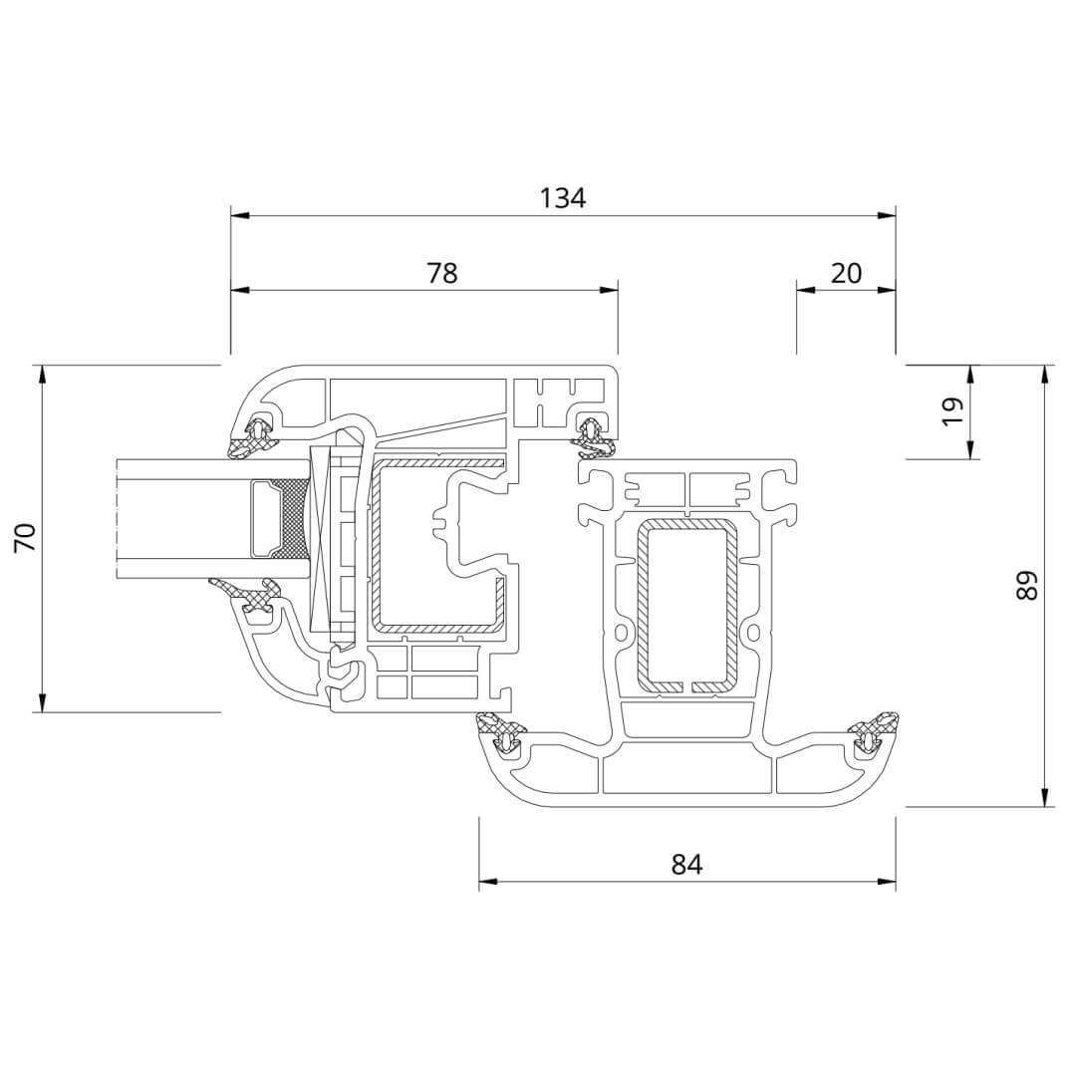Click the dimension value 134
(x=563, y=198)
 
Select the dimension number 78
(x=442, y=273)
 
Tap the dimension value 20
(x=846, y=273)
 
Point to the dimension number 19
(x=952, y=411)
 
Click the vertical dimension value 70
(x=25, y=537)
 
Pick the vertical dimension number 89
(x=1027, y=586)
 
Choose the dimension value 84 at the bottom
(x=686, y=864)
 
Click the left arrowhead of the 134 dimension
(x=239, y=216)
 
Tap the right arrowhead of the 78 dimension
(x=609, y=290)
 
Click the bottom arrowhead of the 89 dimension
(x=1045, y=797)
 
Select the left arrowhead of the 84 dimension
(x=488, y=881)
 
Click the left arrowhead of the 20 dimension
(x=805, y=290)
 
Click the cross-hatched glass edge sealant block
(x=292, y=519)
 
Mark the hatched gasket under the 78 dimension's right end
(x=593, y=437)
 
